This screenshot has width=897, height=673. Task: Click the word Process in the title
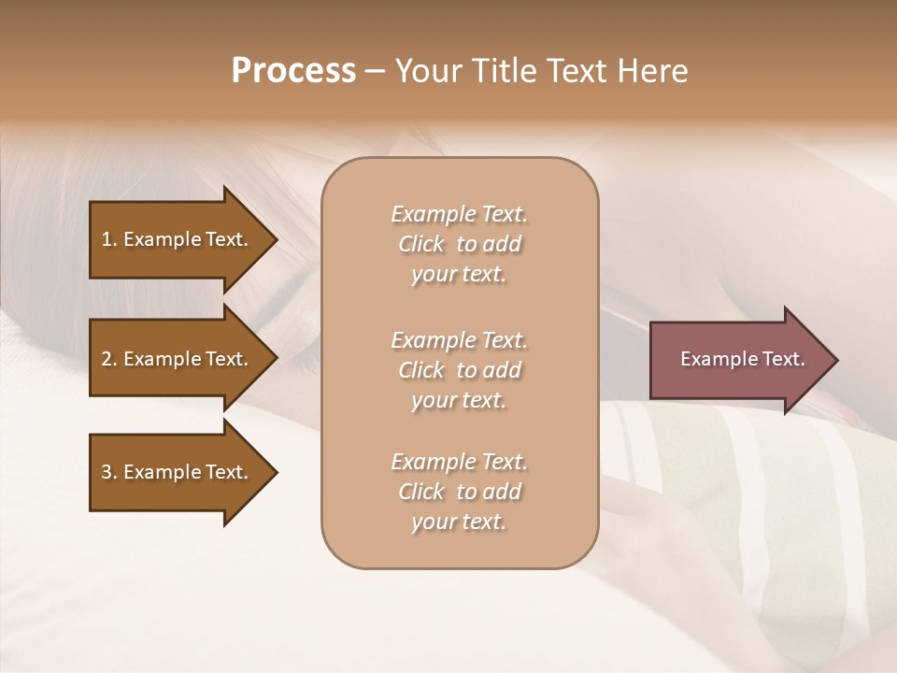pos(293,71)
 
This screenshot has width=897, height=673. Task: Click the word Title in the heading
pos(500,71)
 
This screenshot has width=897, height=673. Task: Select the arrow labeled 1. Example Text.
pos(178,239)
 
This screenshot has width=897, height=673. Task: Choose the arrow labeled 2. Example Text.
pos(178,359)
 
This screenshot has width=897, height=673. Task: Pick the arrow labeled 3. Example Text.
pos(178,472)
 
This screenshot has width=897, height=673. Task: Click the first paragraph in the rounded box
pos(459,244)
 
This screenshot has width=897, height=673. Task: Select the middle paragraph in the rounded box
pos(459,370)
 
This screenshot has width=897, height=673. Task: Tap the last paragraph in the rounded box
pos(459,492)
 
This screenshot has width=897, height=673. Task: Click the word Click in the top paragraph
pos(421,244)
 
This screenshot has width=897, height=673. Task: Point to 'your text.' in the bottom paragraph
pos(459,522)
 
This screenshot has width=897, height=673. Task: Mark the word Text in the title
pos(577,71)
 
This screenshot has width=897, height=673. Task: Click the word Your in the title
pos(426,71)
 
